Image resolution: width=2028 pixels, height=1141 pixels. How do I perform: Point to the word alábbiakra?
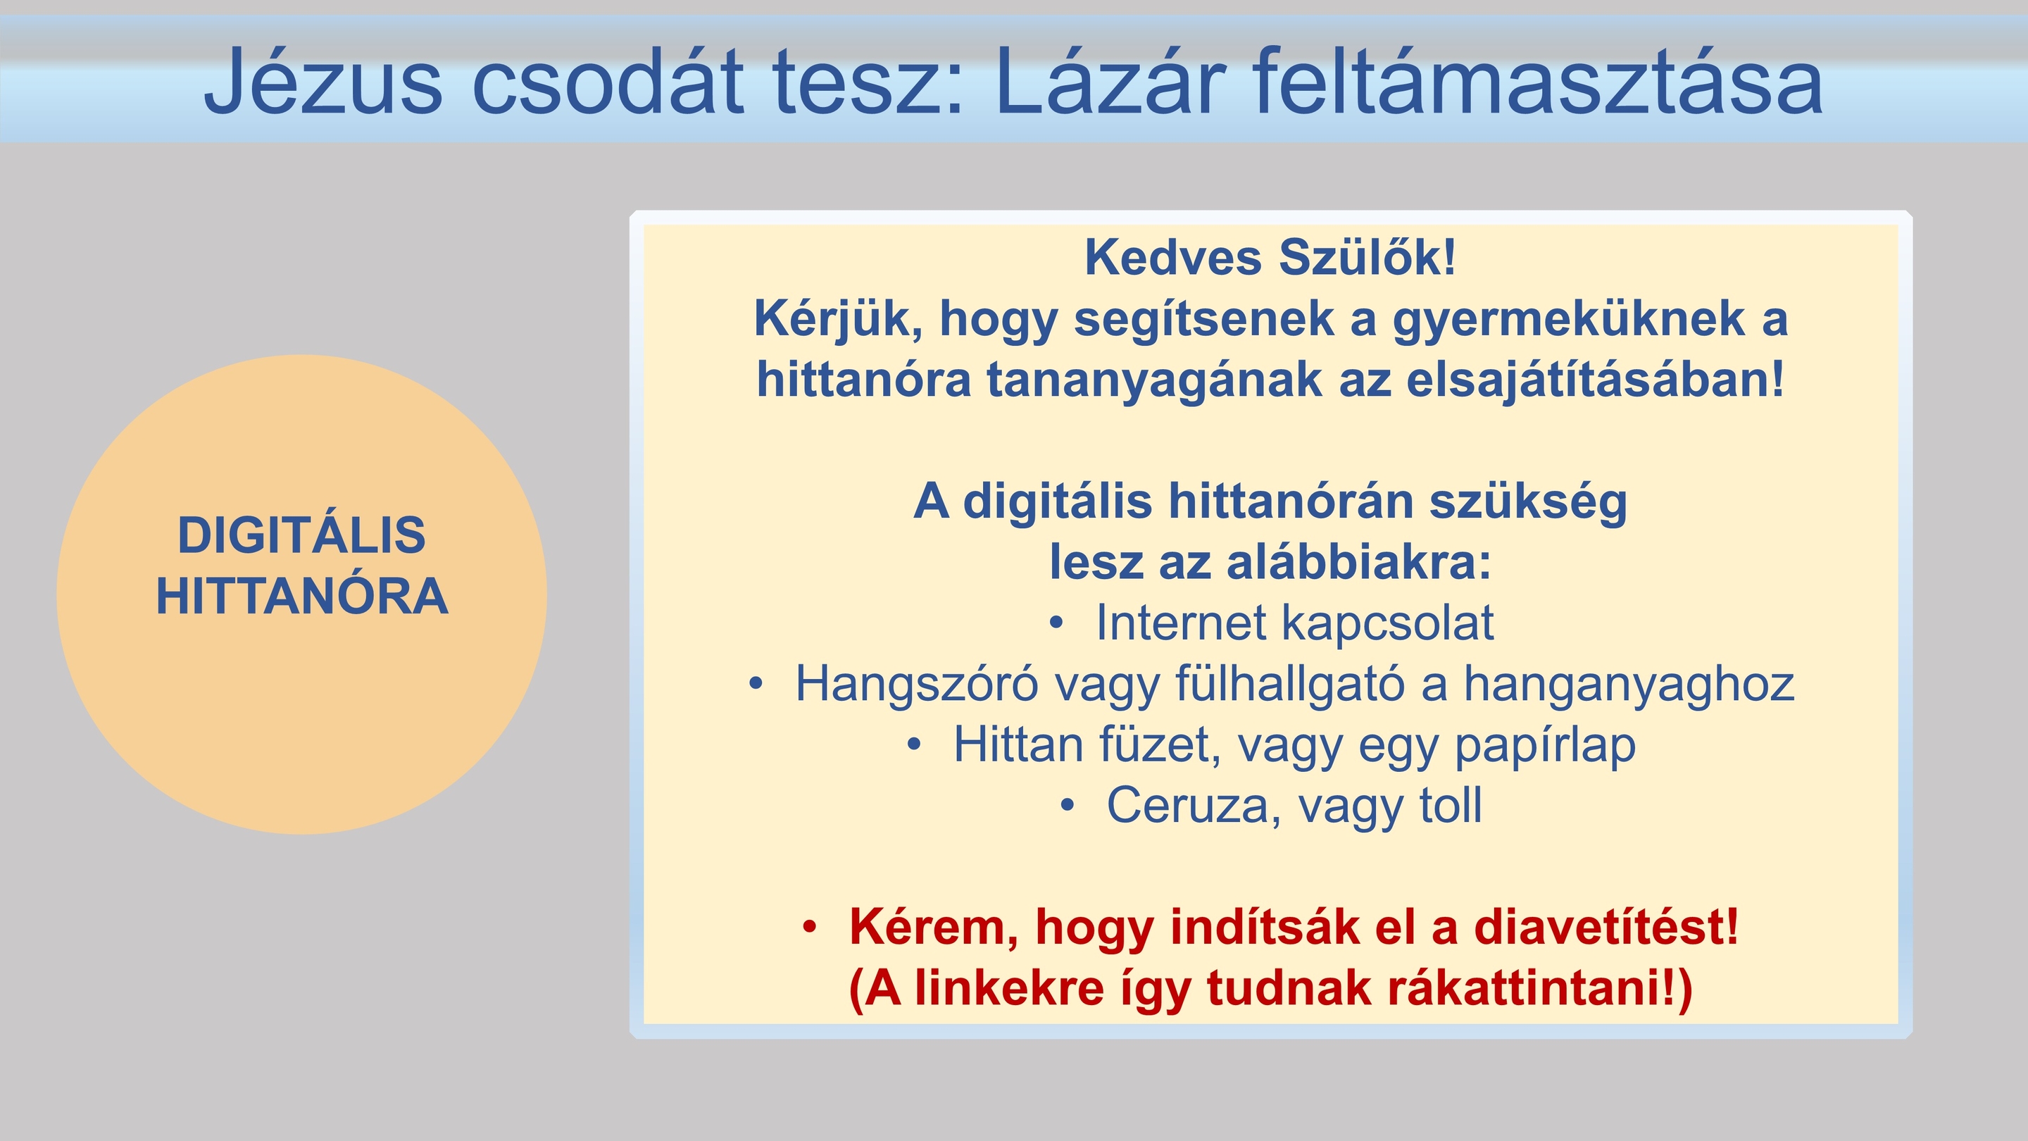[x=1359, y=562]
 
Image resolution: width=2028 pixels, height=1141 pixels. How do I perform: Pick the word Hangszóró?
[x=916, y=683]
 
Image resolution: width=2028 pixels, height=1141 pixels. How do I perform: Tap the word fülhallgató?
[x=1289, y=683]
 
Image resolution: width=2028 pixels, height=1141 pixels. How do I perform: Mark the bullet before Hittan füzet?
[x=914, y=745]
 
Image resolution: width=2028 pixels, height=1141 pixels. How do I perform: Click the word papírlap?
[x=1545, y=745]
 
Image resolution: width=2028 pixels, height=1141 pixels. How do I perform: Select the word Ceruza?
[x=1193, y=806]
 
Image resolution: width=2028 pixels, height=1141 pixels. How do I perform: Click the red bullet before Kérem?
[x=810, y=928]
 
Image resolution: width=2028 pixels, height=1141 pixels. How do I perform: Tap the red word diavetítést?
[x=1606, y=927]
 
